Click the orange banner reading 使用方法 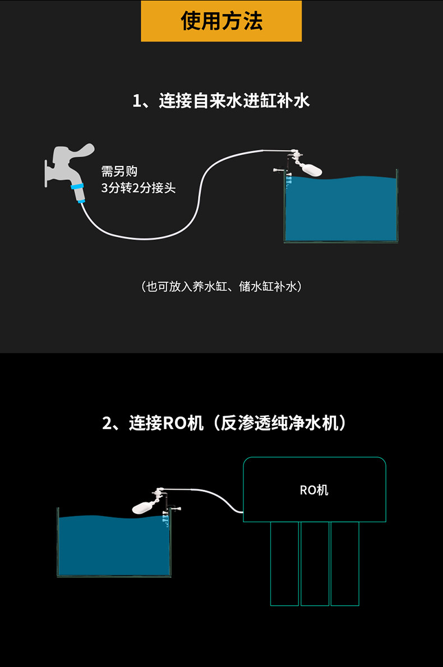[x=221, y=21]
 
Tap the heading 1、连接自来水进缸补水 [x=221, y=101]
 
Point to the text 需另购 [x=119, y=171]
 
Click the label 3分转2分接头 [x=138, y=188]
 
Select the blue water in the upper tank [x=341, y=210]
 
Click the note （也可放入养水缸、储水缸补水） [x=221, y=287]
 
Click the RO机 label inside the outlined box [x=314, y=490]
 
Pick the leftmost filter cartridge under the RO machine [x=284, y=564]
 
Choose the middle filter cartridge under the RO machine [x=315, y=564]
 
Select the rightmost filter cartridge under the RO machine [x=345, y=564]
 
